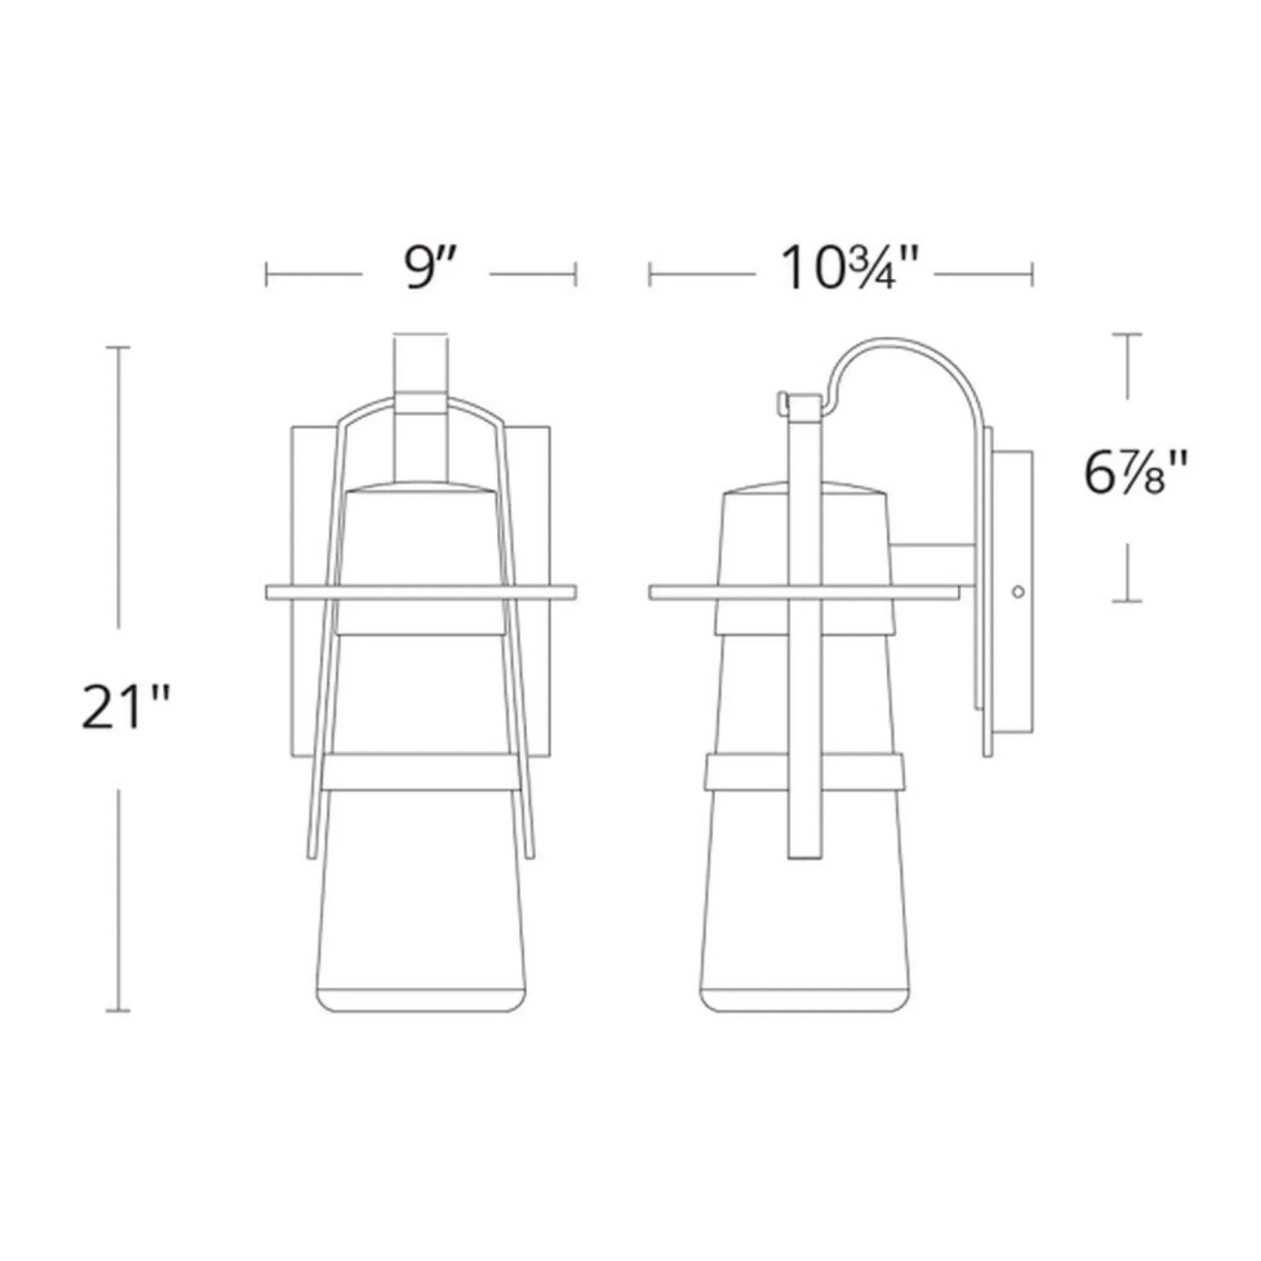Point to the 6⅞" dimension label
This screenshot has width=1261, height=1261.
(1134, 475)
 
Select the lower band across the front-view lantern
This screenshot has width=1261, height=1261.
(421, 772)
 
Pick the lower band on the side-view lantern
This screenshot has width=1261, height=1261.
(804, 772)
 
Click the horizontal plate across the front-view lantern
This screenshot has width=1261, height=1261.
(421, 592)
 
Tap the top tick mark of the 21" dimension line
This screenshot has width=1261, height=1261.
(118, 347)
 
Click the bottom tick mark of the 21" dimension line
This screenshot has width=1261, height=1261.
(118, 1011)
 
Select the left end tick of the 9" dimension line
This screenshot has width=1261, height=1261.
(266, 274)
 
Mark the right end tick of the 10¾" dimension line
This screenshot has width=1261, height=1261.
(1032, 274)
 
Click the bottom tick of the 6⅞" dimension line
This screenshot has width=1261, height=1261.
(1128, 601)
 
